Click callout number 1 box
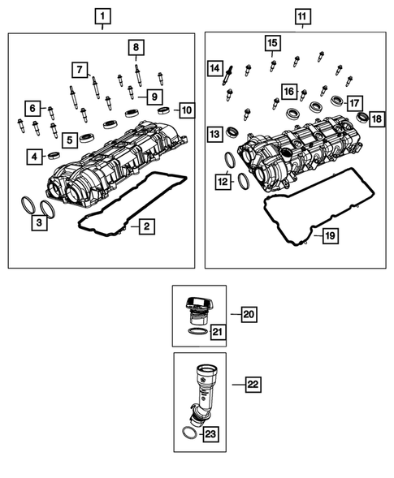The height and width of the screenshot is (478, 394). pos(102,15)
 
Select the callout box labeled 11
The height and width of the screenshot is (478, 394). pos(301,15)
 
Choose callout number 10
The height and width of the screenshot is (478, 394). pos(187,109)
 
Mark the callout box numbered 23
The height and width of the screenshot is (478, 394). pos(210,435)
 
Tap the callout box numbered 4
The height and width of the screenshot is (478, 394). pos(35,156)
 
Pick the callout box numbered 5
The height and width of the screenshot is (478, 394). pos(71,140)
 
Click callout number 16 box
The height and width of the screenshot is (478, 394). pos(289,91)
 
